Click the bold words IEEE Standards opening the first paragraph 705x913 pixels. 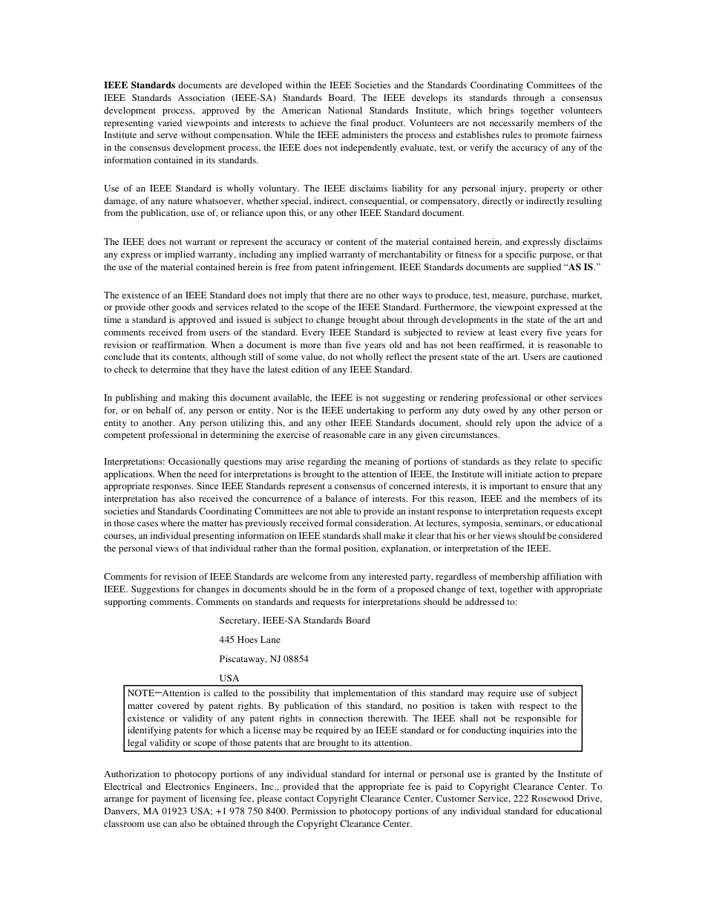point(140,85)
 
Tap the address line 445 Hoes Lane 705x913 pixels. point(249,639)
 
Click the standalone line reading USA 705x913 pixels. point(229,678)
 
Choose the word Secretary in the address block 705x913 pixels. point(239,620)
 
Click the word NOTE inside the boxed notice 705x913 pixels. point(140,693)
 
